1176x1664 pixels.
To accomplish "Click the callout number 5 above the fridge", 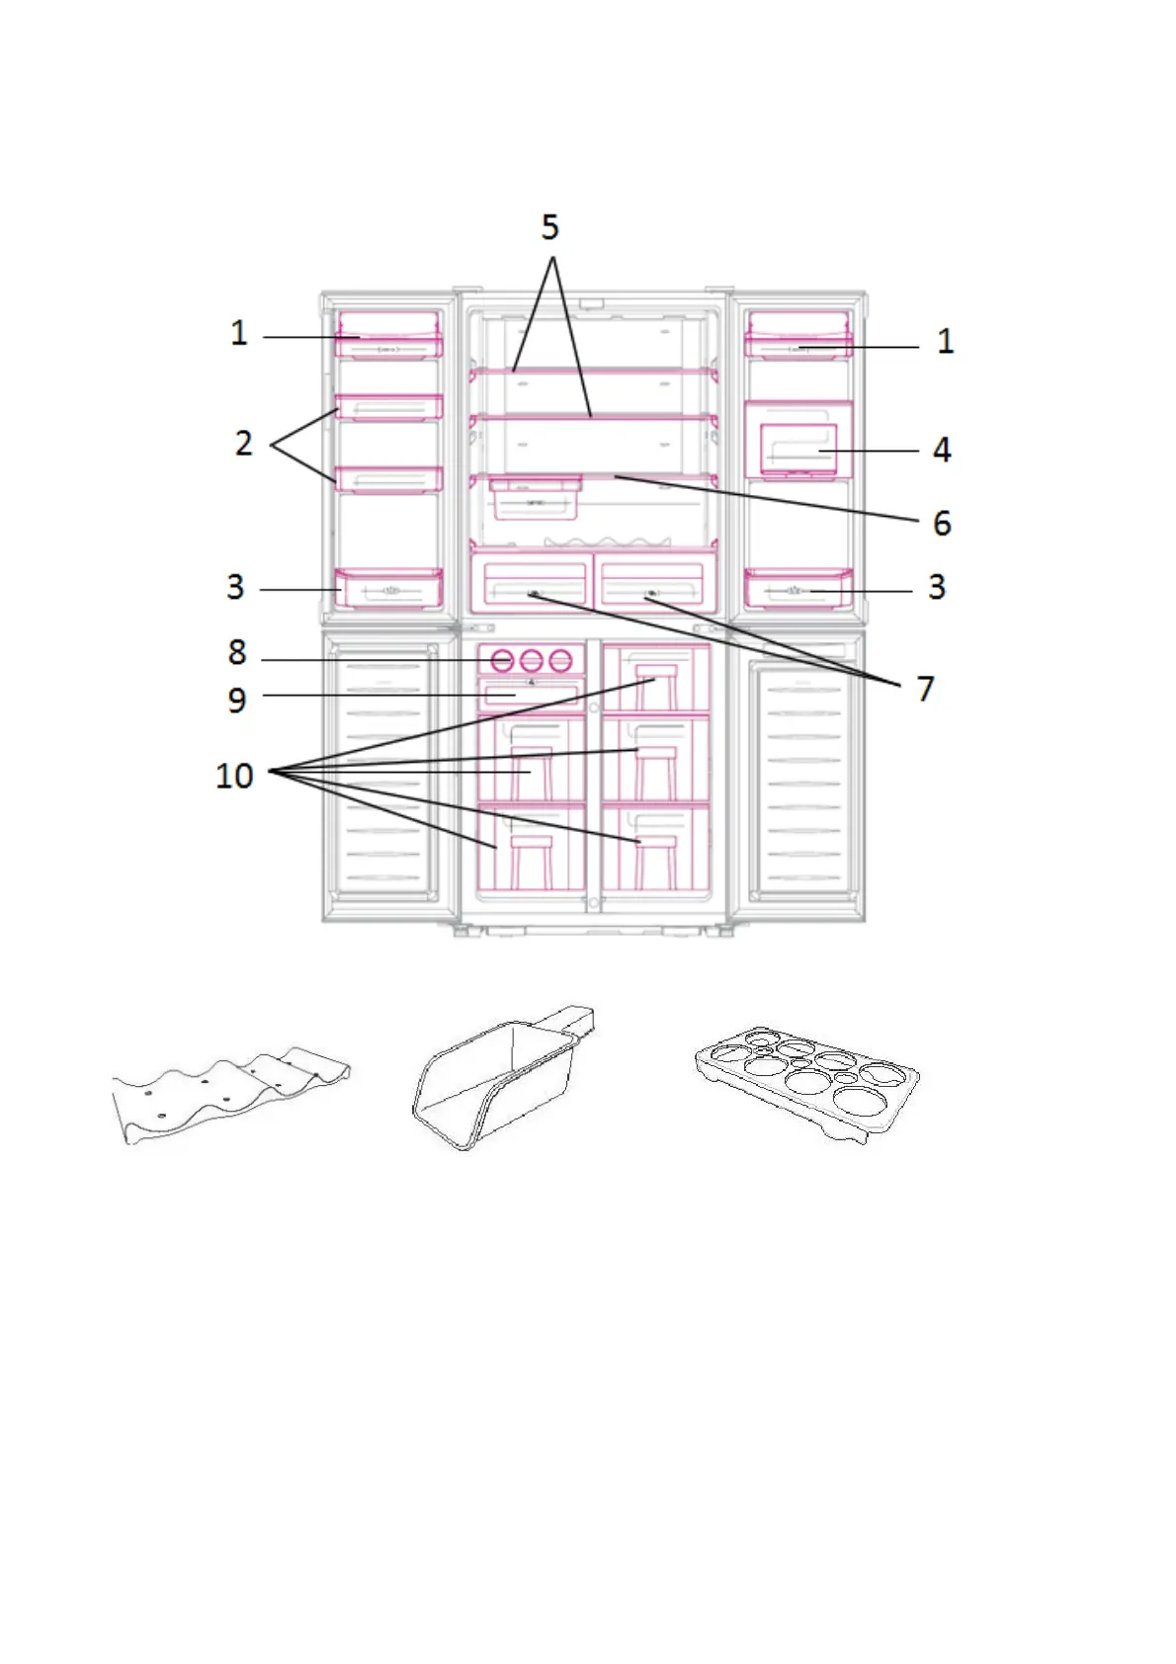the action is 550,228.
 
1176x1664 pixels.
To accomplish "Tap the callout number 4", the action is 942,451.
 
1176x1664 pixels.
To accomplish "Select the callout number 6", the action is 942,524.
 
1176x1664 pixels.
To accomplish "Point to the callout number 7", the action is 925,689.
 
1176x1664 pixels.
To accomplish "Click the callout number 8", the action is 237,653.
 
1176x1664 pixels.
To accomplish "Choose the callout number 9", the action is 237,701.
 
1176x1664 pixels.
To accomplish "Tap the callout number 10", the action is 235,777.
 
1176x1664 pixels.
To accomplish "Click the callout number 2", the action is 243,444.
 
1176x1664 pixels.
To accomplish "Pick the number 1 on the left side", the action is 239,333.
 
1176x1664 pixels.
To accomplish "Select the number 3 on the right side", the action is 937,587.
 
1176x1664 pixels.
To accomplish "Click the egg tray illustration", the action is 806,1084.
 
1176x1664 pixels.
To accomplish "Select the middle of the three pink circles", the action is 532,660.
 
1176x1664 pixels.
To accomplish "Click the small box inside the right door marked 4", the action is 798,450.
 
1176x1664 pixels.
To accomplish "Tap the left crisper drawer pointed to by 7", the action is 531,581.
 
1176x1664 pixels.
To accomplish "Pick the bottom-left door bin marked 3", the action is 388,589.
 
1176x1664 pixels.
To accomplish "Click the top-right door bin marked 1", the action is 798,336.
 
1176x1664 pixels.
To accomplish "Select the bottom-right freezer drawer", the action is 656,849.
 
